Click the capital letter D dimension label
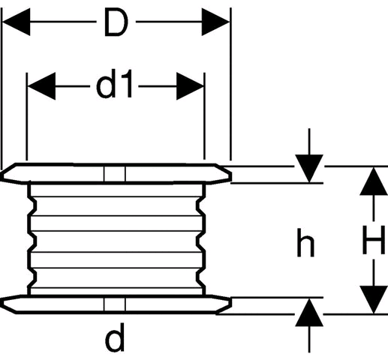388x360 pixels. [116, 22]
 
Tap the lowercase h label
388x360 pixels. [305, 243]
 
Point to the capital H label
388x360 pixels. [374, 240]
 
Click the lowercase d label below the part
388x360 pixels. [115, 337]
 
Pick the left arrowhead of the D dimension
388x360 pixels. [17, 22]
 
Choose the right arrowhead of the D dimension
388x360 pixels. [215, 22]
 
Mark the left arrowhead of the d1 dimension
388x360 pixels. [41, 86]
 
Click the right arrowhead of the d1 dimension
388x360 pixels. [190, 86]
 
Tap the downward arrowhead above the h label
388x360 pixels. [309, 169]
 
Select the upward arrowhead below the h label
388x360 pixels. [309, 313]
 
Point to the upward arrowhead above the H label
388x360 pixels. [374, 181]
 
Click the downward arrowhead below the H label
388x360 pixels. [374, 299]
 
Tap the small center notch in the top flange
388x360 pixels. [115, 173]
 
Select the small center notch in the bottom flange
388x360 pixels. [115, 304]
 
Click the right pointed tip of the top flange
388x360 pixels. [230, 176]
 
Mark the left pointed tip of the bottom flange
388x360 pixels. [1, 303]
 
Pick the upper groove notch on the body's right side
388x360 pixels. [200, 205]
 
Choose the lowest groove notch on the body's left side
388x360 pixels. [32, 277]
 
